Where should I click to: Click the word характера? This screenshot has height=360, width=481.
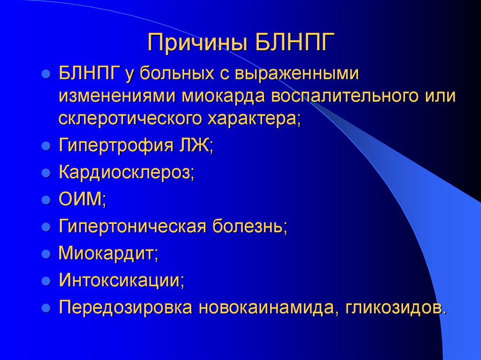tap(252, 117)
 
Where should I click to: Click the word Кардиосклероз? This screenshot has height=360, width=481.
tap(126, 173)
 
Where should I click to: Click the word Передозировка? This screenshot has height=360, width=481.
tap(125, 308)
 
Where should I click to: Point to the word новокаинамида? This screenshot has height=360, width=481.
tap(264, 308)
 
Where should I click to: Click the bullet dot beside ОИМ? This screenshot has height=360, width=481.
tap(46, 200)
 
